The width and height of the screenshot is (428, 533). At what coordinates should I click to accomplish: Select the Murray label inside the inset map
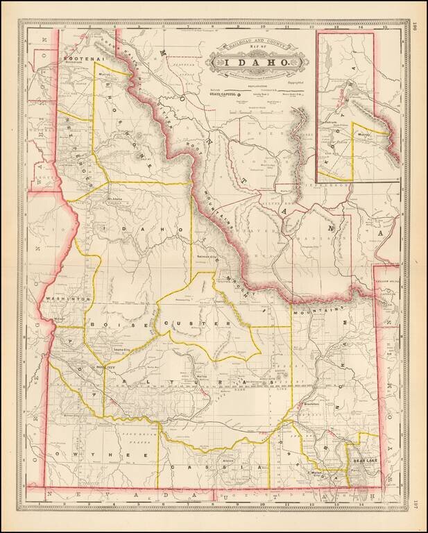(x=363, y=135)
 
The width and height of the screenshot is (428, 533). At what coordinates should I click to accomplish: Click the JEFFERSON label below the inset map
(x=333, y=186)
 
